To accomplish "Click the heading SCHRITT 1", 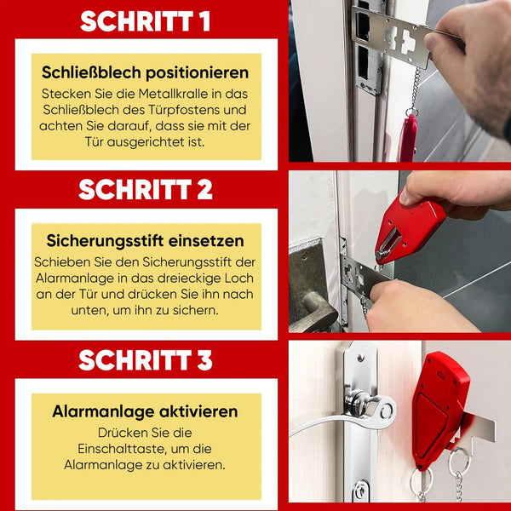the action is click(145, 21).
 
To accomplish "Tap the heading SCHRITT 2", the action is click(146, 189).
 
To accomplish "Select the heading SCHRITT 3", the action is click(146, 359).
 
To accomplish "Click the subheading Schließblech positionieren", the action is click(145, 72).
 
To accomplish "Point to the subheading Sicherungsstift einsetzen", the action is click(145, 241).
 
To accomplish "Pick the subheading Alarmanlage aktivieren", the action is click(145, 411).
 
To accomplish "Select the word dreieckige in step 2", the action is click(189, 278).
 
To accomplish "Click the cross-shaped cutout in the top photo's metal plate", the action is click(408, 42).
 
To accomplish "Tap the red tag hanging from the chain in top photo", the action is click(407, 138).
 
